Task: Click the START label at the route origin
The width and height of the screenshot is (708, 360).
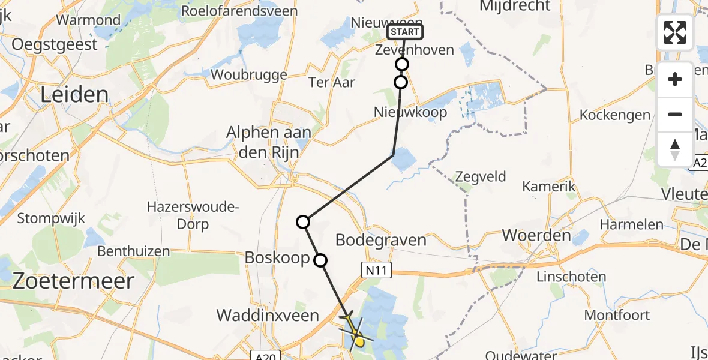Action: pyautogui.click(x=406, y=32)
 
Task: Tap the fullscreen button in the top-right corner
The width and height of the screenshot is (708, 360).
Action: pyautogui.click(x=675, y=32)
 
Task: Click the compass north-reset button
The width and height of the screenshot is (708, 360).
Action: pyautogui.click(x=675, y=149)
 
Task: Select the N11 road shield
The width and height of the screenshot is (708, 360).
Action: pyautogui.click(x=376, y=271)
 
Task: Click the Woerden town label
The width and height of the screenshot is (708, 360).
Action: pyautogui.click(x=536, y=235)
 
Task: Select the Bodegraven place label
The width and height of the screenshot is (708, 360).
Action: pyautogui.click(x=381, y=241)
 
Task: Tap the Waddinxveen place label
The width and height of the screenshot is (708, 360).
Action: pyautogui.click(x=267, y=315)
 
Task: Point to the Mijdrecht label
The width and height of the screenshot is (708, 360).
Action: pyautogui.click(x=515, y=6)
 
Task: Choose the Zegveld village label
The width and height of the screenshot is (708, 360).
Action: pyautogui.click(x=480, y=177)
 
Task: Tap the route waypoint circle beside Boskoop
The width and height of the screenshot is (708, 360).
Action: pyautogui.click(x=320, y=260)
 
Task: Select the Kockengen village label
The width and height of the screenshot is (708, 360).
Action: pyautogui.click(x=615, y=115)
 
